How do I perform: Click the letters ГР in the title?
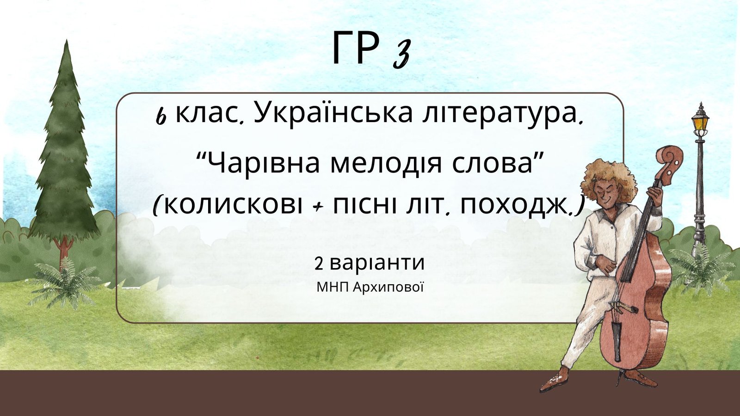click(356, 48)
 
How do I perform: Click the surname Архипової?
click(388, 287)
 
